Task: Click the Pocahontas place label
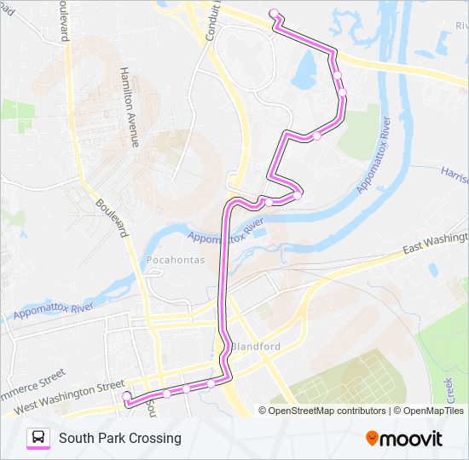[x=176, y=260]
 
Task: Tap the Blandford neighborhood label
[x=255, y=348]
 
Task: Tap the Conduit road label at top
[x=212, y=20]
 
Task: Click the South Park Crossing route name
[x=120, y=438]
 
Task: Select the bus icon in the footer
[x=38, y=438]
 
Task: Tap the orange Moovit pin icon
[x=372, y=438]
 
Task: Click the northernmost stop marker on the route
[x=274, y=13]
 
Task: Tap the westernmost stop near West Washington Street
[x=126, y=396]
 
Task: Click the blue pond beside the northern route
[x=304, y=74]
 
